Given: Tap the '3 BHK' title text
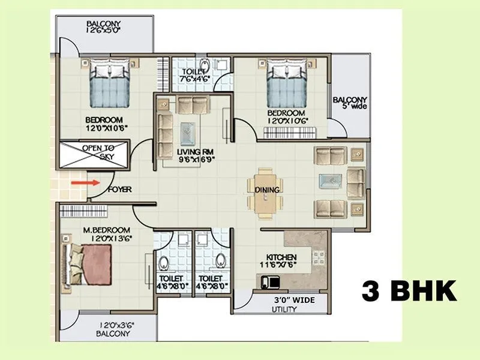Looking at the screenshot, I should pyautogui.click(x=409, y=292).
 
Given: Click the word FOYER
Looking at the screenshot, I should pyautogui.click(x=119, y=190).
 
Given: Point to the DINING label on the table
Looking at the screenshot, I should pyautogui.click(x=267, y=190).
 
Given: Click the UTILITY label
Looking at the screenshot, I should pyautogui.click(x=284, y=310).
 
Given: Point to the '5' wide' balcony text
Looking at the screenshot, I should pyautogui.click(x=351, y=107).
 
